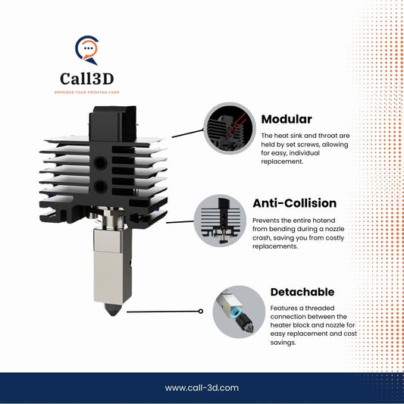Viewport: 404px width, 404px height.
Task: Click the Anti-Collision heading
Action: pyautogui.click(x=294, y=203)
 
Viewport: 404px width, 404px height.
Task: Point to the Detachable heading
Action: pyautogui.click(x=302, y=291)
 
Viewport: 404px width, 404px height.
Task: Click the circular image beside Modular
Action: pyautogui.click(x=229, y=128)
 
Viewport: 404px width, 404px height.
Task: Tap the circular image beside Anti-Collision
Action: pyautogui.click(x=229, y=219)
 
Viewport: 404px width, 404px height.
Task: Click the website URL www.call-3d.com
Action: pyautogui.click(x=202, y=387)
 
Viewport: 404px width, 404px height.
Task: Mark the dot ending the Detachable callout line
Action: pyautogui.click(x=200, y=311)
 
